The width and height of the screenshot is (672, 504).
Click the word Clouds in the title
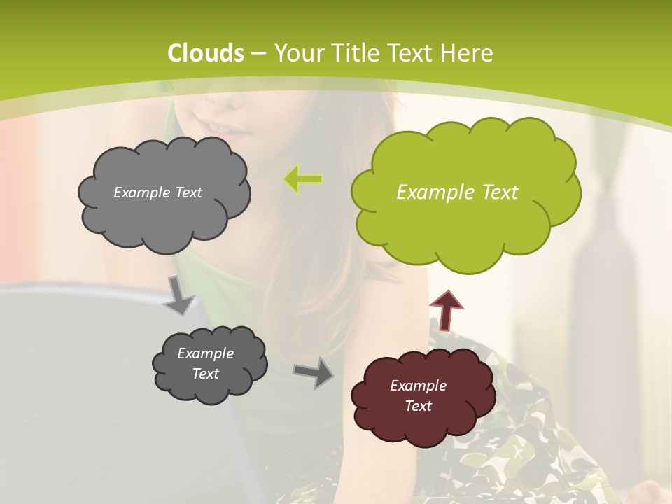coord(206,53)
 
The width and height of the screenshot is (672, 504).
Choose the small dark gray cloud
coord(209,364)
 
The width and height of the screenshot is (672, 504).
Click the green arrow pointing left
coord(303,180)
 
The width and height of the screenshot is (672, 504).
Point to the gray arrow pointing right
coord(314,372)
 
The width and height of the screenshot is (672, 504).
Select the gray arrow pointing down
coord(180,295)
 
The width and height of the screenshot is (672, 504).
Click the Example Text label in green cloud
coord(457,192)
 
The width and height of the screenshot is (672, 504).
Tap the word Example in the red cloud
coord(418,386)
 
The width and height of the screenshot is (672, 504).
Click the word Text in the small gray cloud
coord(205,374)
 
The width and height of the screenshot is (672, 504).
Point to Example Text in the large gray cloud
coord(157,192)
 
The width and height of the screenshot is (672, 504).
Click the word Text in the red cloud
coord(418,406)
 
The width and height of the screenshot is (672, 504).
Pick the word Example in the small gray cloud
coord(205,353)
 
